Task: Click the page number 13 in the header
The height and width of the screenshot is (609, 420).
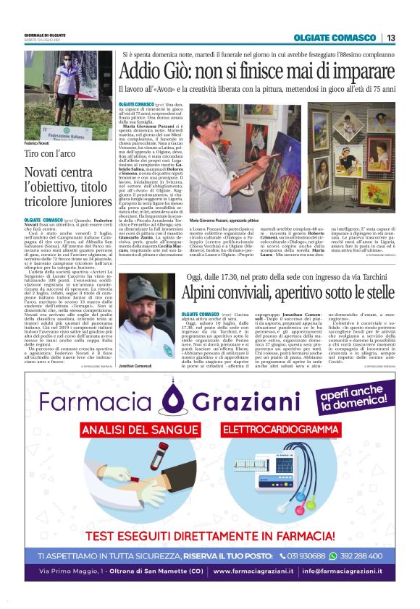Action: point(391,38)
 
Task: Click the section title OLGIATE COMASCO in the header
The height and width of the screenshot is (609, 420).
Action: point(336,38)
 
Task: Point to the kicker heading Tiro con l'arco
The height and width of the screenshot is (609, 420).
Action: point(50,154)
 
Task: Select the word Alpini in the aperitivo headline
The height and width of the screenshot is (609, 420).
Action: point(206,294)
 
